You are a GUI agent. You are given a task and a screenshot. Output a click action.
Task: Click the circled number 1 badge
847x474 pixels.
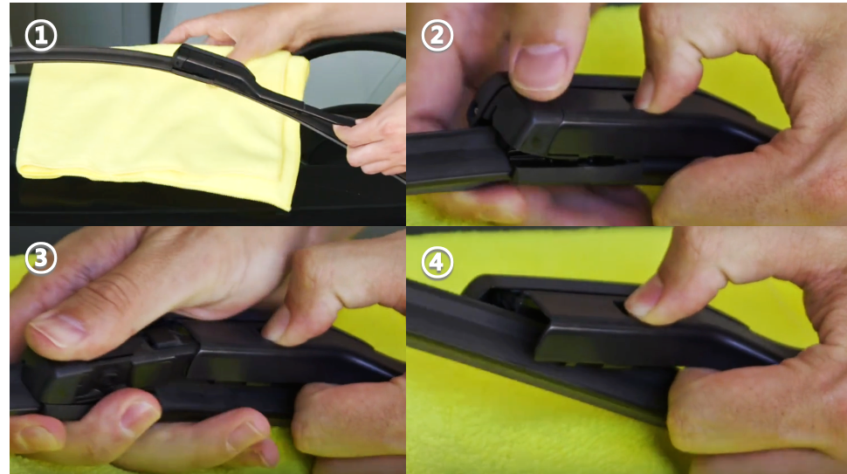(x=40, y=36)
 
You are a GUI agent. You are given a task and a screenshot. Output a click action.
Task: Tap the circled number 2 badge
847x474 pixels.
(x=437, y=36)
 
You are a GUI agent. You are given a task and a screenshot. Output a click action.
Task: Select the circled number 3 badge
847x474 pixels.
(x=40, y=258)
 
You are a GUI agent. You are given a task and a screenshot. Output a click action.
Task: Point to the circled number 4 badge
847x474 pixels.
(x=437, y=263)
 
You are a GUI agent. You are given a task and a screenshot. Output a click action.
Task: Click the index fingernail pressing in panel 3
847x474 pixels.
(x=275, y=324)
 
